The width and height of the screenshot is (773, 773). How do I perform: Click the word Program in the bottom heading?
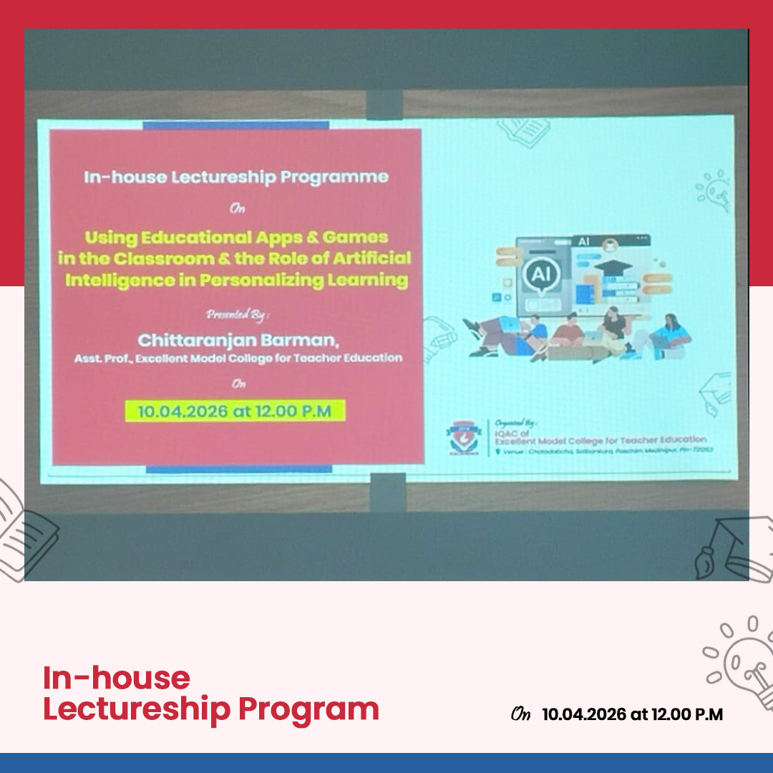pos(308,709)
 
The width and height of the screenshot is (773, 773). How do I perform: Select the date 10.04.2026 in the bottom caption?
pos(583,714)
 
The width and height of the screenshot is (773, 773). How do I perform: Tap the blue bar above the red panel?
pos(235,125)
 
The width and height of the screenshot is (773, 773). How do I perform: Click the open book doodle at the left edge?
pos(25,530)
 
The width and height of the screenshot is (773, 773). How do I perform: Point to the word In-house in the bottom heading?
pos(117,677)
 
